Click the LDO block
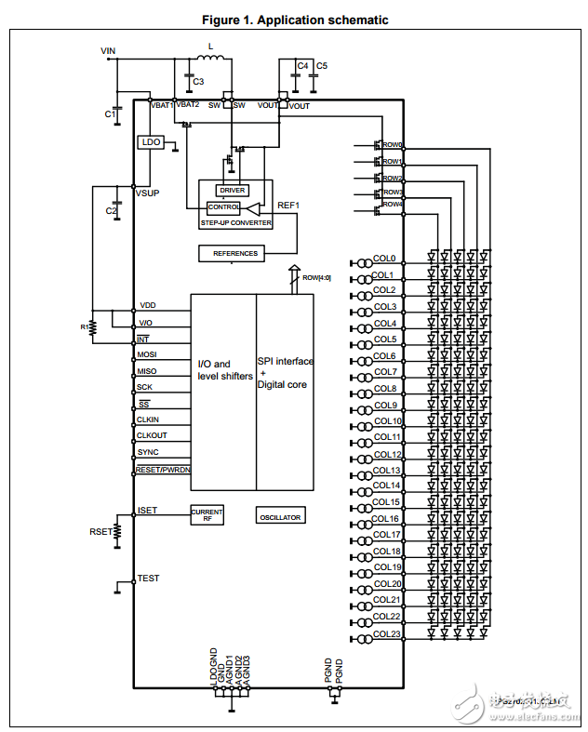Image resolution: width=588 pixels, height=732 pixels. pos(150,142)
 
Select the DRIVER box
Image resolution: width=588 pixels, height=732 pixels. pos(232,190)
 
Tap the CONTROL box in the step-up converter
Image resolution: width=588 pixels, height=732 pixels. pos(224,207)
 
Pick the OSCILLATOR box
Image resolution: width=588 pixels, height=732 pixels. pos(280,516)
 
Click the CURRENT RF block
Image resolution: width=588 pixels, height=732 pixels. pos(207,514)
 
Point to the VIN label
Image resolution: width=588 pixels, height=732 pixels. pos(108,49)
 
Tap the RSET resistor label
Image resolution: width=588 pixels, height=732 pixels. pos(100,531)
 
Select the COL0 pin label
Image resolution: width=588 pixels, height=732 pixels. pos(384,259)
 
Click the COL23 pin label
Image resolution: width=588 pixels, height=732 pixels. pos(386,633)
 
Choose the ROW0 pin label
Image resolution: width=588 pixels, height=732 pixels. pos(392,145)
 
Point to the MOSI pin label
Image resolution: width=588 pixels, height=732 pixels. pos(147,354)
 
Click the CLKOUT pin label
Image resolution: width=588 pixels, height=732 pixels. pos(152,434)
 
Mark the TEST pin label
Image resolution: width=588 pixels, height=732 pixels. pos(148,579)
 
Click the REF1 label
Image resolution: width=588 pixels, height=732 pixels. pos(288,205)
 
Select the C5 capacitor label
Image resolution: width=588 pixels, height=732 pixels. pos(322,66)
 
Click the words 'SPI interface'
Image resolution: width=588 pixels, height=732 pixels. pos(285,361)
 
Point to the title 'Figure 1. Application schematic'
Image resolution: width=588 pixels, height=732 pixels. pos(295,20)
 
